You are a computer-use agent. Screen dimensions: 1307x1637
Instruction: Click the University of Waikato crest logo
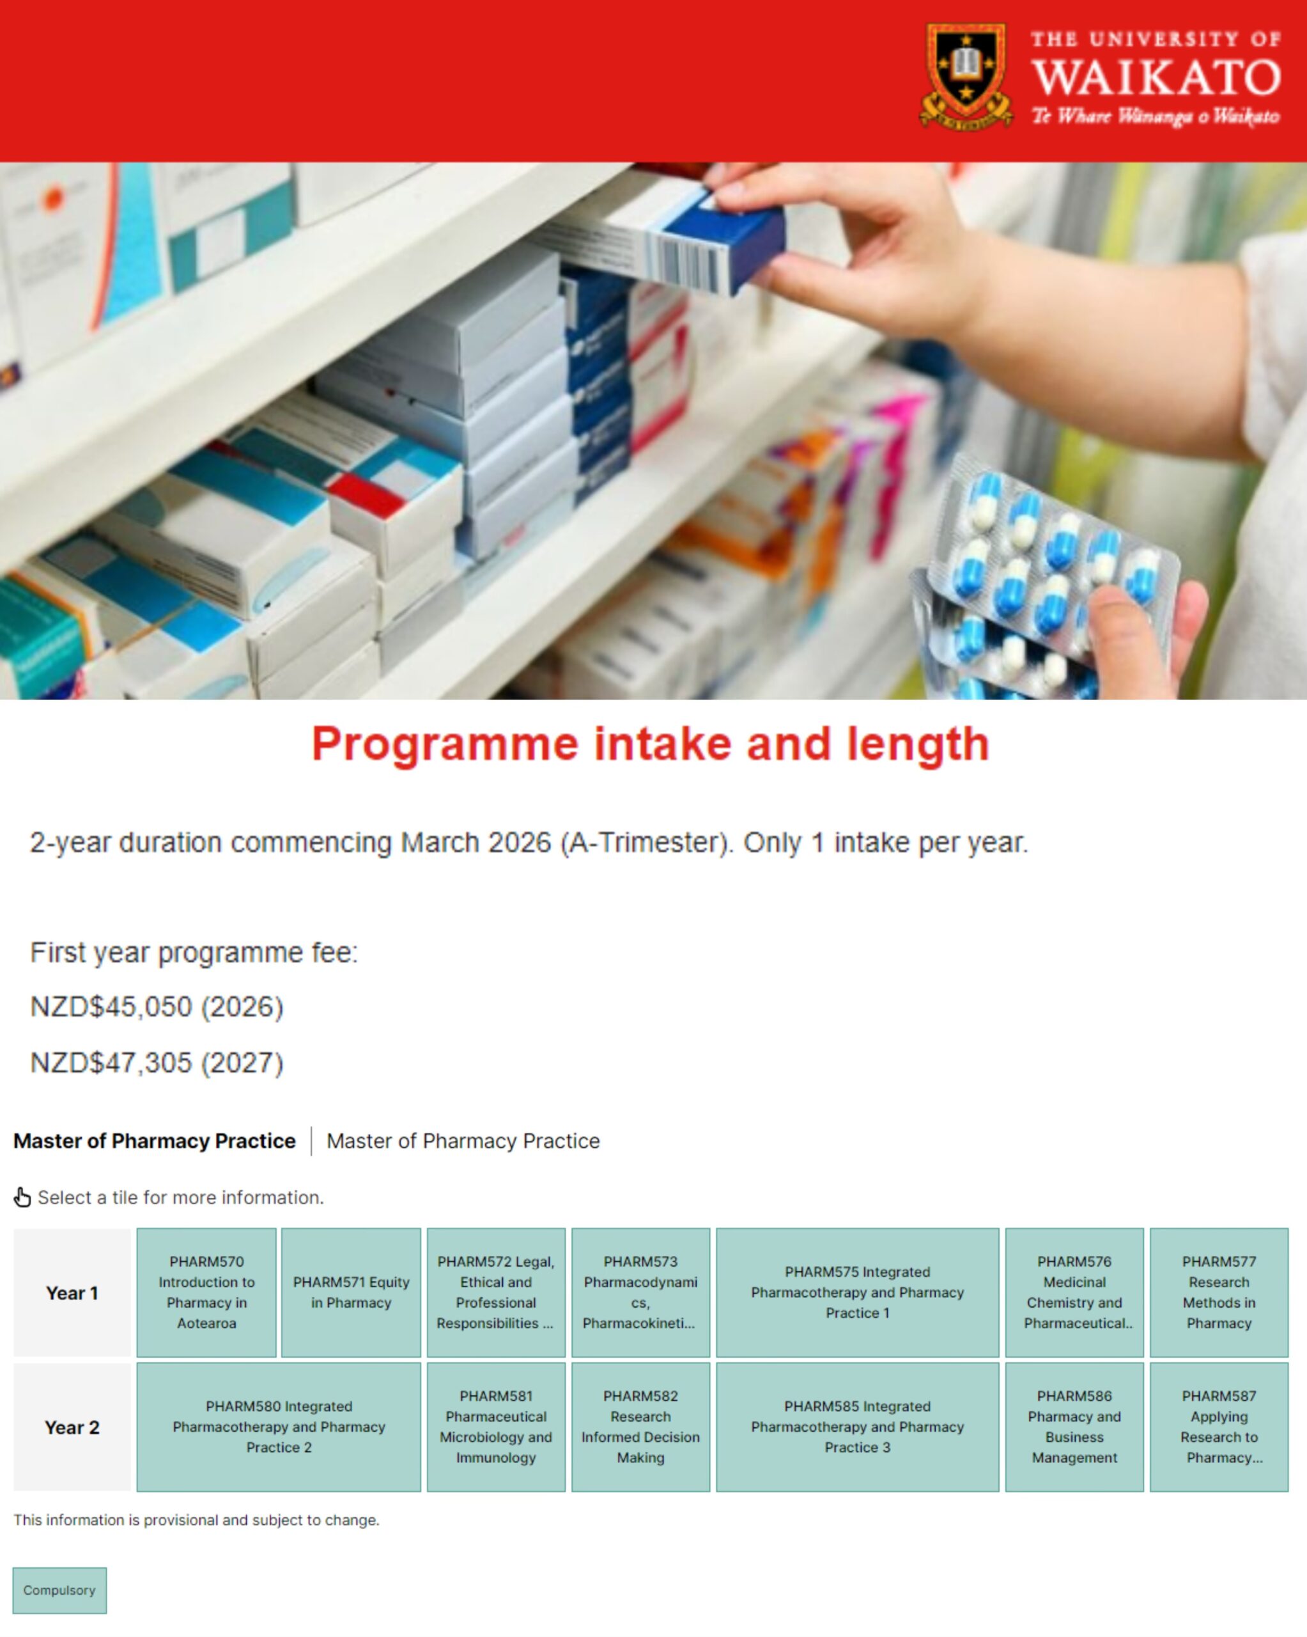966,76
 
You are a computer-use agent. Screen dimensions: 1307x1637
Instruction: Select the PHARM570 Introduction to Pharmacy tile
206,1292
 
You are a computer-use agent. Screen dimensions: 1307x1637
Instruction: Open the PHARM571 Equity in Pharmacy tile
351,1292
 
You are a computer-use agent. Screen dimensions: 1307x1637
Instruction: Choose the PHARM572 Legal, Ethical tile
495,1292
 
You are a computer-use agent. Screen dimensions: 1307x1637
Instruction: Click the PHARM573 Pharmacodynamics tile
640,1292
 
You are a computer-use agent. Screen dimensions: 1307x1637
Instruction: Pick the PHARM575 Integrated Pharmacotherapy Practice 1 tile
857,1292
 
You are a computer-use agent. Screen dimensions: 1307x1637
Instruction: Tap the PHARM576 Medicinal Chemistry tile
1074,1292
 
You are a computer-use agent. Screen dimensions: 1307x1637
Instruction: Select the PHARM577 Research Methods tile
1219,1292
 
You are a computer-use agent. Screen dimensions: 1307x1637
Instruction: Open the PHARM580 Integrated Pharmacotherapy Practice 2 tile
279,1427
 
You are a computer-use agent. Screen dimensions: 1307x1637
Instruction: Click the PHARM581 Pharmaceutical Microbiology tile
495,1427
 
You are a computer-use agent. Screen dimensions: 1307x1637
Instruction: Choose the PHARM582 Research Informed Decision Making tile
640,1427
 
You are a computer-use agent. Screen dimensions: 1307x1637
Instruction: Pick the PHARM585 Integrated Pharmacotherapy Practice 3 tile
857,1427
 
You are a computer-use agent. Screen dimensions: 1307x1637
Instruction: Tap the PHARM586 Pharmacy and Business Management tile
1074,1427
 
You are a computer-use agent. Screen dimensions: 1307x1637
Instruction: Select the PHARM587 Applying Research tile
1219,1427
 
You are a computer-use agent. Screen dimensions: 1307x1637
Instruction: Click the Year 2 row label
72,1427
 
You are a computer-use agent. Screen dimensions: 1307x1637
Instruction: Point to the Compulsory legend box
59,1590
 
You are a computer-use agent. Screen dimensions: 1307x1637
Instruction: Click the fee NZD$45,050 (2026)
157,1006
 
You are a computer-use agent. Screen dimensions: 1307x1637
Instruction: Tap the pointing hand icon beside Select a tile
22,1198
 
